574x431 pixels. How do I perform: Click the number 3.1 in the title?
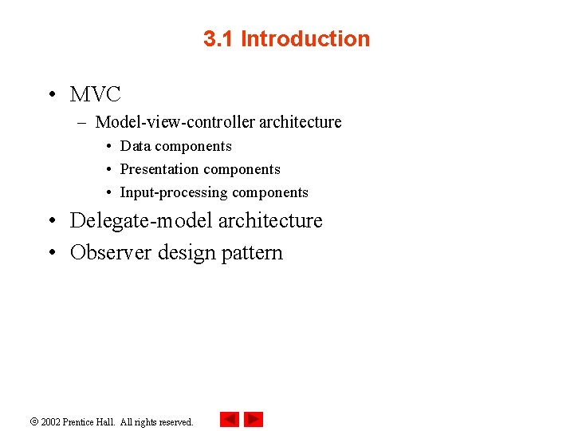[x=218, y=39]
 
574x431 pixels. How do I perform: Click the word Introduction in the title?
[x=305, y=39]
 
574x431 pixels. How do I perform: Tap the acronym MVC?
[x=95, y=95]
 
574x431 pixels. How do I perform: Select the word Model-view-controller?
[x=175, y=122]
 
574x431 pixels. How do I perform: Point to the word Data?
[x=136, y=146]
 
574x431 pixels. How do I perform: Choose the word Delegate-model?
[x=140, y=220]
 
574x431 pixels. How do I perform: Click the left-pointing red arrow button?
[x=229, y=419]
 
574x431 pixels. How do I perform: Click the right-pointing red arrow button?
[x=254, y=419]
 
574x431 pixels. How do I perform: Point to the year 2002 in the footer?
[x=51, y=422]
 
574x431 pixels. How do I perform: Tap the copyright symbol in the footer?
[x=35, y=421]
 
